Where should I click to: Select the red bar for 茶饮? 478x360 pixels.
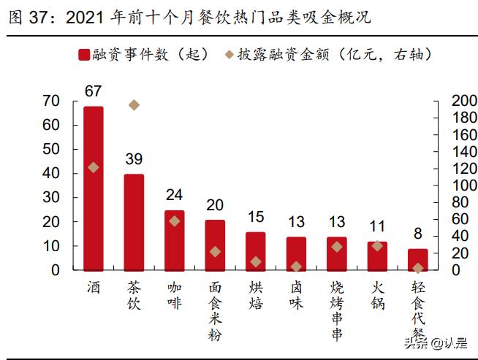click(134, 222)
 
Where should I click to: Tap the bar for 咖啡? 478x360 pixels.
click(174, 240)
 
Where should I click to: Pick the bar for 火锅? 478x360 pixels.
click(377, 256)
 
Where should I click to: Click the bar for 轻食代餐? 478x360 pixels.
click(417, 259)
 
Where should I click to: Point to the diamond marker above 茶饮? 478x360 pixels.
click(134, 105)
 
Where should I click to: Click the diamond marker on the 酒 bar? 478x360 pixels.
click(94, 167)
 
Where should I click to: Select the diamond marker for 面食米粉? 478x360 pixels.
click(215, 251)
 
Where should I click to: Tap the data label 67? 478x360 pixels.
click(94, 91)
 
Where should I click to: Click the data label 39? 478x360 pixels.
click(134, 159)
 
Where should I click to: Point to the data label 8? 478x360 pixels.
click(417, 234)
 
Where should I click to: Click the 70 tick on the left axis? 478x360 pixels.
click(50, 101)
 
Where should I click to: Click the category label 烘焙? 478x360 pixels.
click(255, 295)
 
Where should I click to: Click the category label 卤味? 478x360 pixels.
click(295, 295)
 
